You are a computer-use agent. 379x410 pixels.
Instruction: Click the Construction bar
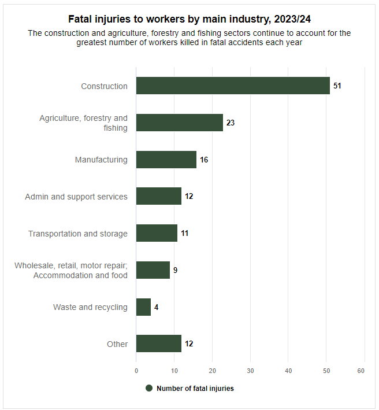pos(233,86)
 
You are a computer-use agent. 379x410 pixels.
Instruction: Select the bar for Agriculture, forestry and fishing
pos(179,123)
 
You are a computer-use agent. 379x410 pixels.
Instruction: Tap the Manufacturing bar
pos(166,160)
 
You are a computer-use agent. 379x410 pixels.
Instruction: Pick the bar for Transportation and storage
pos(157,234)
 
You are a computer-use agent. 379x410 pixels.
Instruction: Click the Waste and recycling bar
pos(143,307)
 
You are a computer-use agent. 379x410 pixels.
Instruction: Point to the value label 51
pos(337,86)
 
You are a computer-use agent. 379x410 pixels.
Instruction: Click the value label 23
pos(231,123)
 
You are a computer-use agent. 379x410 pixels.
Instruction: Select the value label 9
pos(175,270)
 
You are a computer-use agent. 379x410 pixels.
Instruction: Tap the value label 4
pos(156,307)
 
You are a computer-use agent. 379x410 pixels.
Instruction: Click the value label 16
pos(204,160)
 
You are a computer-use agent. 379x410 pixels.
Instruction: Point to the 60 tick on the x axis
pos(362,371)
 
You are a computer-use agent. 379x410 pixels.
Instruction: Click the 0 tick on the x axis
pos(136,371)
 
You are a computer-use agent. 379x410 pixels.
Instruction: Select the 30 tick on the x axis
pos(250,371)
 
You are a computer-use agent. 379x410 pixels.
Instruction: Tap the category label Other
pos(117,344)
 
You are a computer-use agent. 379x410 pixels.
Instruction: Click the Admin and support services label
pos(76,197)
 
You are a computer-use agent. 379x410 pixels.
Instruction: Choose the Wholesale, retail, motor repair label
pos(71,265)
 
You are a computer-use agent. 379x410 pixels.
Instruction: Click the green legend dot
pos(149,389)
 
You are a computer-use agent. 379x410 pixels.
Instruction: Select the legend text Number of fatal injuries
pos(195,389)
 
